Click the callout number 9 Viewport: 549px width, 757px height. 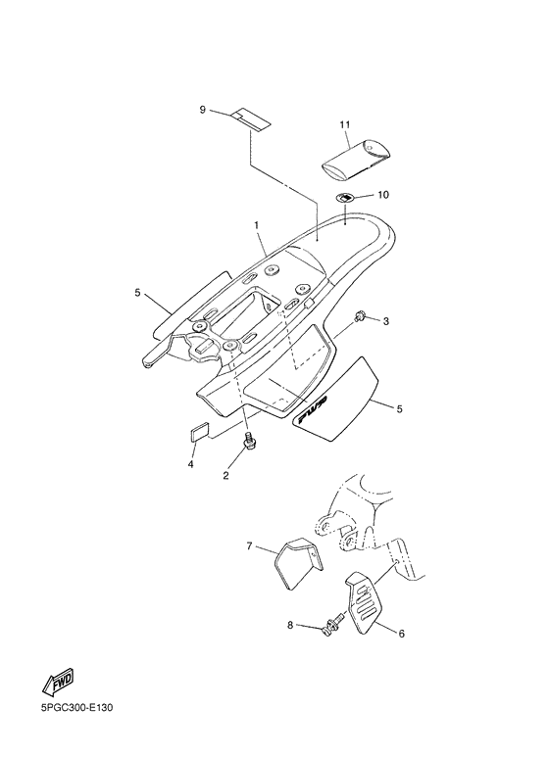pos(203,110)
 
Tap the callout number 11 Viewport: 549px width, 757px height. pos(344,124)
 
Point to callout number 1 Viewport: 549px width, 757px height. pos(257,225)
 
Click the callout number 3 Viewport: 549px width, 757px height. pos(386,321)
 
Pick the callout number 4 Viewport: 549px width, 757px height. pos(191,464)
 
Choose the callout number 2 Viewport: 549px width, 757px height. pos(225,476)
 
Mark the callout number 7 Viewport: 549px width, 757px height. pos(249,546)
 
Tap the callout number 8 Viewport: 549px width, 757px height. pos(290,625)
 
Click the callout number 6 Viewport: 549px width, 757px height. pos(402,634)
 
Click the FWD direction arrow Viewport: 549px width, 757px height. pos(58,683)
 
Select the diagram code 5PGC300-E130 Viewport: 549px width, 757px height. pos(76,709)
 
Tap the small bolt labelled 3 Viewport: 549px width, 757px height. pos(359,316)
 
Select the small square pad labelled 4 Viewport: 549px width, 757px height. pos(197,431)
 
